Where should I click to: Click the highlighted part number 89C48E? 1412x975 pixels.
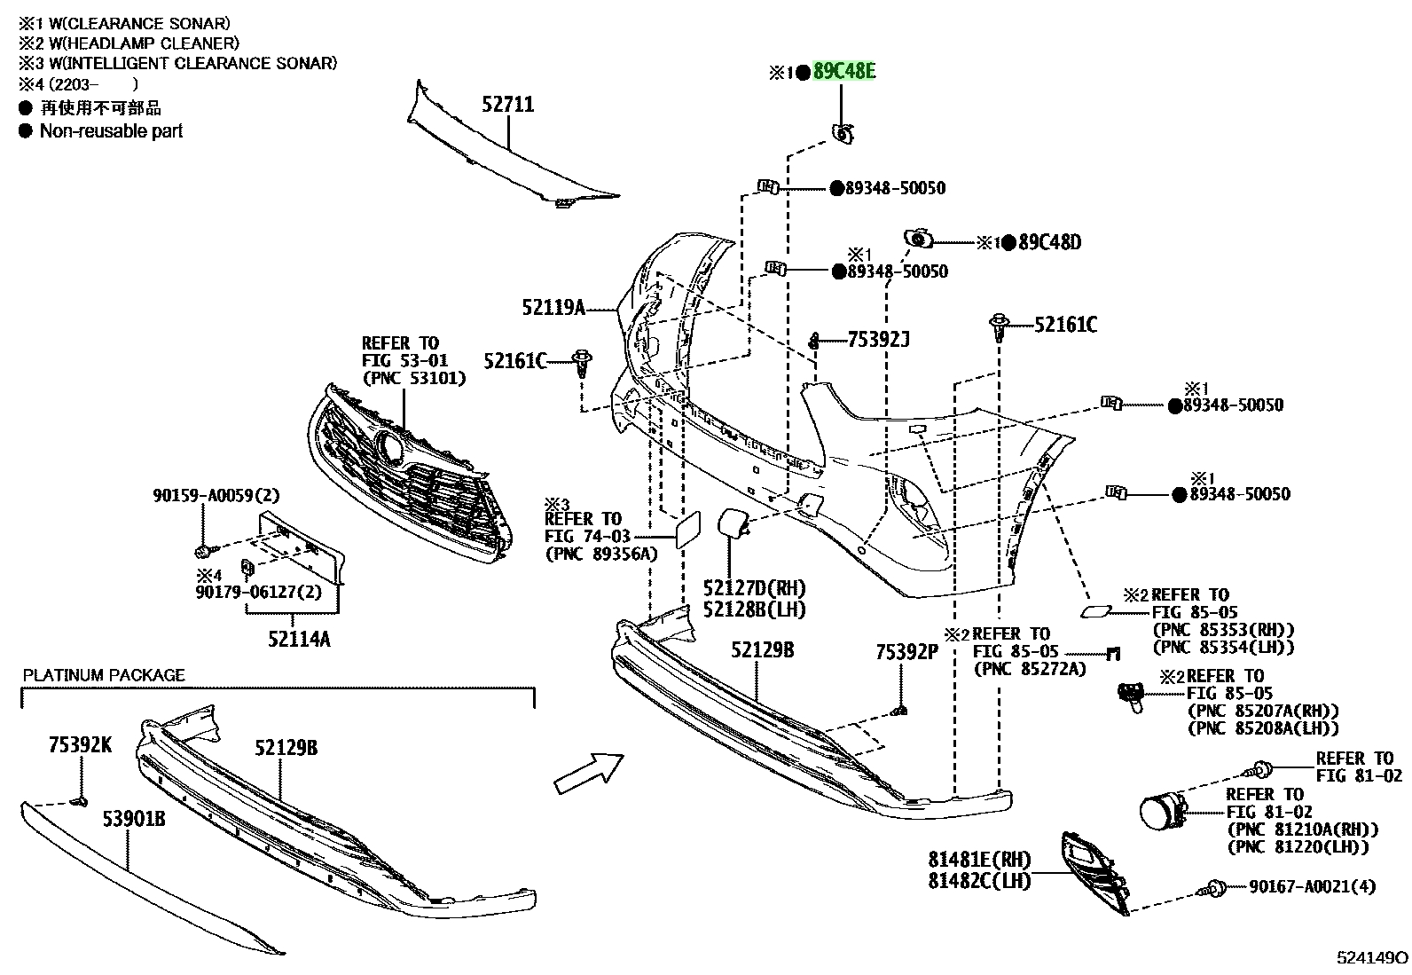[844, 71]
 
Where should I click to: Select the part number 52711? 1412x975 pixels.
[508, 104]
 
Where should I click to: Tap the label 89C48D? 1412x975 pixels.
[1049, 242]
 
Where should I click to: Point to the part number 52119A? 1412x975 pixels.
[553, 308]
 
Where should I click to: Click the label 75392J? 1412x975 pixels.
[879, 340]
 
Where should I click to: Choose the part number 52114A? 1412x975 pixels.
[300, 639]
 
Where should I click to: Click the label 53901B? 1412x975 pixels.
[134, 819]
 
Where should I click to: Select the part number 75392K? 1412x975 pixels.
[80, 745]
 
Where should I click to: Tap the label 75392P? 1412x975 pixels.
[907, 652]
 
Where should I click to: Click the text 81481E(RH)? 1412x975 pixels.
[979, 859]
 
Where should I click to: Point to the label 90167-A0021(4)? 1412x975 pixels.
[1313, 886]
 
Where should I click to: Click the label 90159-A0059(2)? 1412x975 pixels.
[216, 495]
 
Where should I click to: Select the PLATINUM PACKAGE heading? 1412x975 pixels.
[104, 675]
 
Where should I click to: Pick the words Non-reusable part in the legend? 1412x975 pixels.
[111, 131]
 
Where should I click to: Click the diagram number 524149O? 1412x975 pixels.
[1372, 957]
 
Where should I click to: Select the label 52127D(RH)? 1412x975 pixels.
[755, 588]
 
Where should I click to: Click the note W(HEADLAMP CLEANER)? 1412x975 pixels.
[145, 43]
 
